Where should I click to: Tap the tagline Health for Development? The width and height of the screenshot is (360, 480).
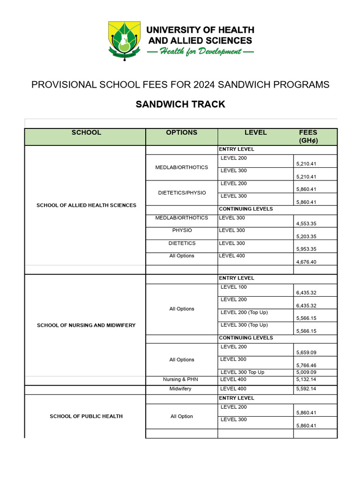coord(201,52)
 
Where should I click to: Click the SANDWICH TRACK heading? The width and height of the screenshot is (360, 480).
coord(180,104)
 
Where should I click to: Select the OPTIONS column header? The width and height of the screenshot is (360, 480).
coord(181,133)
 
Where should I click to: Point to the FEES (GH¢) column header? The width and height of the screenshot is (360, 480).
coord(308,136)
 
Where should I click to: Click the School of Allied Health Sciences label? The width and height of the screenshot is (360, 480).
coord(86,205)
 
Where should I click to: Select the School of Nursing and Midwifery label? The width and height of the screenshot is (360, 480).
coord(86,325)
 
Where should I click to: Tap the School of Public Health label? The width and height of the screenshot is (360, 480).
coord(86,416)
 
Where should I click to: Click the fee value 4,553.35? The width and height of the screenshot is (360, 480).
coord(307,224)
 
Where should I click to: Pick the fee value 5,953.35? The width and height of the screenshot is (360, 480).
coord(307,249)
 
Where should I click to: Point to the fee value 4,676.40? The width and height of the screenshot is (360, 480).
coord(307,262)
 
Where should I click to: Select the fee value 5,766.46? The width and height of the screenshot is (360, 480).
coord(307,365)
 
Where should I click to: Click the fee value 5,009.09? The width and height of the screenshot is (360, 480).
coord(307,372)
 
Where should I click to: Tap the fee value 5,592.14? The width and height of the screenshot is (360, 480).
coord(307,389)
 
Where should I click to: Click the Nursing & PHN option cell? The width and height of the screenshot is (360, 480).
coord(181,380)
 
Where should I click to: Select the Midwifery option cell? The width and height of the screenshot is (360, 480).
coord(181,389)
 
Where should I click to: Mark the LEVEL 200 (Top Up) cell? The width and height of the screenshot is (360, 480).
coord(244,312)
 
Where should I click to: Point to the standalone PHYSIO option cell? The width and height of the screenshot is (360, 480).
coord(181,231)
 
